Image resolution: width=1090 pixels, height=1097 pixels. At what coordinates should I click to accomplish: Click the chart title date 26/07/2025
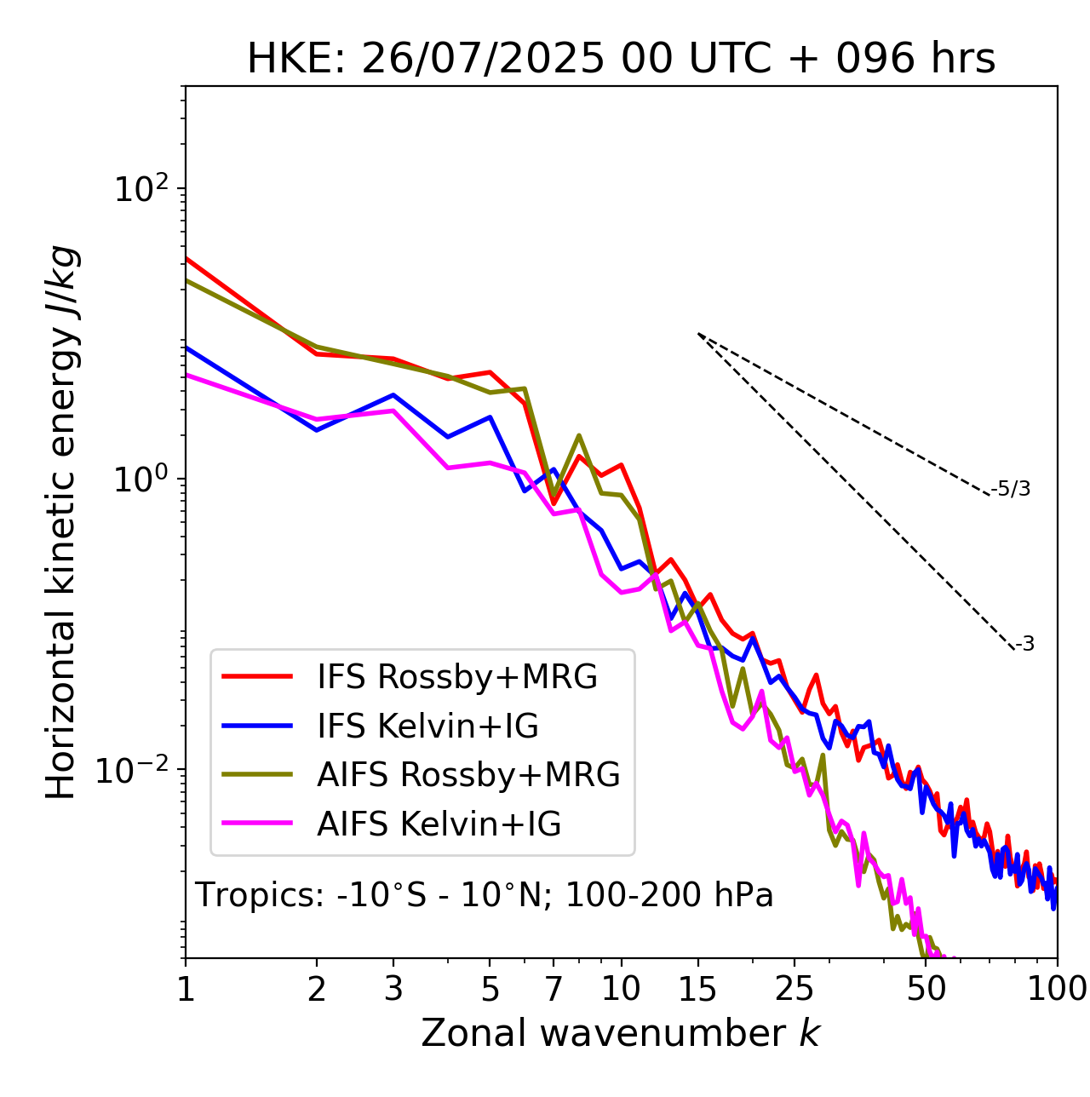(x=483, y=60)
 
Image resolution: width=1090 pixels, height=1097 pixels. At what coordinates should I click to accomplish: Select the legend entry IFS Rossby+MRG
(x=456, y=676)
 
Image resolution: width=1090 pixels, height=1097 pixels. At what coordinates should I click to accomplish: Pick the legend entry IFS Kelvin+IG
(x=427, y=726)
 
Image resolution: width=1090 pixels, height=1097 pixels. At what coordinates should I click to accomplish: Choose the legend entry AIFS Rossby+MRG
(x=468, y=774)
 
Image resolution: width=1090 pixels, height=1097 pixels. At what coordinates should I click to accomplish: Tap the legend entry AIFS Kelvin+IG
(x=439, y=824)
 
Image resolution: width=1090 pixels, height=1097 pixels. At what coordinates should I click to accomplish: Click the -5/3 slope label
(x=1011, y=489)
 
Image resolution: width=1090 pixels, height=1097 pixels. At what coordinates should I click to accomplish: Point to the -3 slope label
(x=1024, y=645)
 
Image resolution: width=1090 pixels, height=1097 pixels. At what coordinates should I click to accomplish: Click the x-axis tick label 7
(x=554, y=988)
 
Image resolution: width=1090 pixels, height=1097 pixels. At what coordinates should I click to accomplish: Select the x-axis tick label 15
(x=698, y=988)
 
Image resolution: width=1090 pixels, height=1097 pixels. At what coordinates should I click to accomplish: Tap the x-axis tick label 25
(x=795, y=988)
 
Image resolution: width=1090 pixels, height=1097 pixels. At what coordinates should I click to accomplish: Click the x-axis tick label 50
(x=926, y=988)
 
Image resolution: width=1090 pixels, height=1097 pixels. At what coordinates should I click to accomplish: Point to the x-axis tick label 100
(x=1056, y=988)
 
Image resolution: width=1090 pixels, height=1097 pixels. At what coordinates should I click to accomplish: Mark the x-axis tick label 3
(x=393, y=988)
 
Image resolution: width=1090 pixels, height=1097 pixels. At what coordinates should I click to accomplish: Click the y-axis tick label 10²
(x=140, y=189)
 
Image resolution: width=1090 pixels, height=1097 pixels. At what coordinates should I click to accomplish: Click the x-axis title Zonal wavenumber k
(x=620, y=1033)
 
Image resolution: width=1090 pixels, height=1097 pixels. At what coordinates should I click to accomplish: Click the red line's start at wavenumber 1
(x=186, y=258)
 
